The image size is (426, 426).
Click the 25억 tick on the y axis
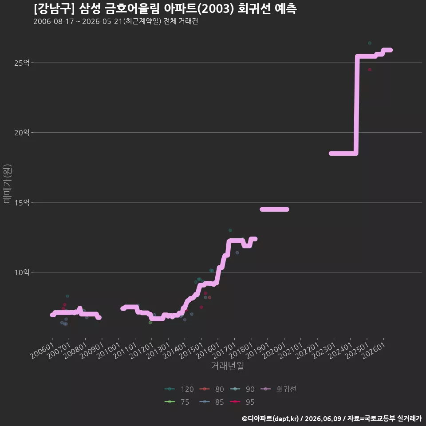click(x=22, y=63)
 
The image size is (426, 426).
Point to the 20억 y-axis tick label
click(x=22, y=133)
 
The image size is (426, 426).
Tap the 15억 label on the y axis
click(x=22, y=203)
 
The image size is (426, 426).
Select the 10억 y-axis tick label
click(x=22, y=272)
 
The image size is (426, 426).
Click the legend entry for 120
click(x=179, y=389)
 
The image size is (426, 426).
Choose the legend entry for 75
click(x=177, y=402)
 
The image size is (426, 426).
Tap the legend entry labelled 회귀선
click(x=278, y=389)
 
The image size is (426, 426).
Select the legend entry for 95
click(x=242, y=402)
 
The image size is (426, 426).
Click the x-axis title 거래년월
click(x=227, y=366)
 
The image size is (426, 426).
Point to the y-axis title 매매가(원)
click(x=7, y=184)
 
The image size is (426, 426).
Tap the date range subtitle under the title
click(x=116, y=21)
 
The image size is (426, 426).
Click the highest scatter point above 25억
click(x=370, y=43)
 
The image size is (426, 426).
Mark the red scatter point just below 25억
click(x=370, y=70)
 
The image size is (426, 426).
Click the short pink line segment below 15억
click(x=274, y=209)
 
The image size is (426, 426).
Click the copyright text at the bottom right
click(x=332, y=418)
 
